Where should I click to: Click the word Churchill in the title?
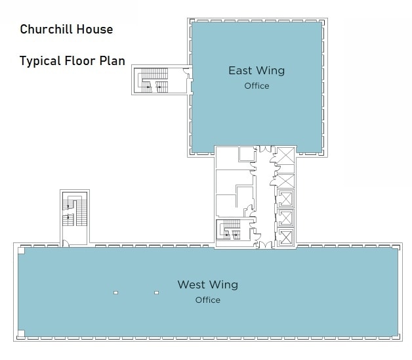(x=46, y=29)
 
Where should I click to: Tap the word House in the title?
(x=94, y=29)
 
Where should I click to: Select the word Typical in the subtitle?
(x=40, y=61)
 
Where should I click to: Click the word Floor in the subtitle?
(x=80, y=60)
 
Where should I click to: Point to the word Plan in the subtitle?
(x=112, y=60)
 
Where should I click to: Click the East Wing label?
(x=257, y=70)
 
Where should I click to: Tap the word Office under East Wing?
(x=257, y=86)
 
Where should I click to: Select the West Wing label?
(x=208, y=284)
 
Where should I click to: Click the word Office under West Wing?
(x=208, y=300)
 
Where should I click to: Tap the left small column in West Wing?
(x=115, y=292)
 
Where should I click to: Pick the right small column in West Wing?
(x=157, y=292)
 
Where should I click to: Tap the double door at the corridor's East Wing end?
(x=266, y=149)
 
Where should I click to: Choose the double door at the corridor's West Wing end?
(x=266, y=245)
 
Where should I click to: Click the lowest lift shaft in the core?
(x=285, y=238)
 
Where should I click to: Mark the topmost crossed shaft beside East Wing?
(x=286, y=156)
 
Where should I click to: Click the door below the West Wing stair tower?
(x=66, y=243)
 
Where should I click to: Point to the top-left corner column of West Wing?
(x=21, y=250)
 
